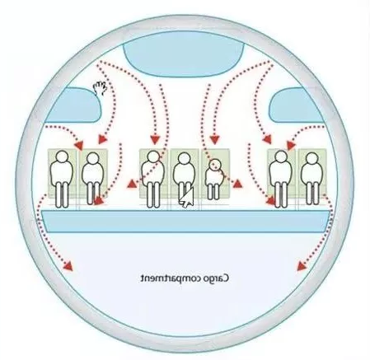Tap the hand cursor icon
pos(100,88)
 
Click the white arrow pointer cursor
pos(187,197)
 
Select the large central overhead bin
pos(184,54)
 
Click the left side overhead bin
pos(74,105)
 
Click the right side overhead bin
pos(297,105)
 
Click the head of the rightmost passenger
pos(311,159)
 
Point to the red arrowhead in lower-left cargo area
pos(68,265)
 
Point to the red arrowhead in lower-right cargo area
pos(302,266)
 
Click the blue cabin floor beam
pos(185,222)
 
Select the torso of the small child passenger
pos(213,177)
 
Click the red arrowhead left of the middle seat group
pos(132,184)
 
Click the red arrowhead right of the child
pos(237,184)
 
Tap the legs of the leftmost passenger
pos(62,195)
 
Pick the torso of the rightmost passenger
pos(311,174)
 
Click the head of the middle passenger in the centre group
pos(183,159)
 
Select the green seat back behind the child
pos(215,173)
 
